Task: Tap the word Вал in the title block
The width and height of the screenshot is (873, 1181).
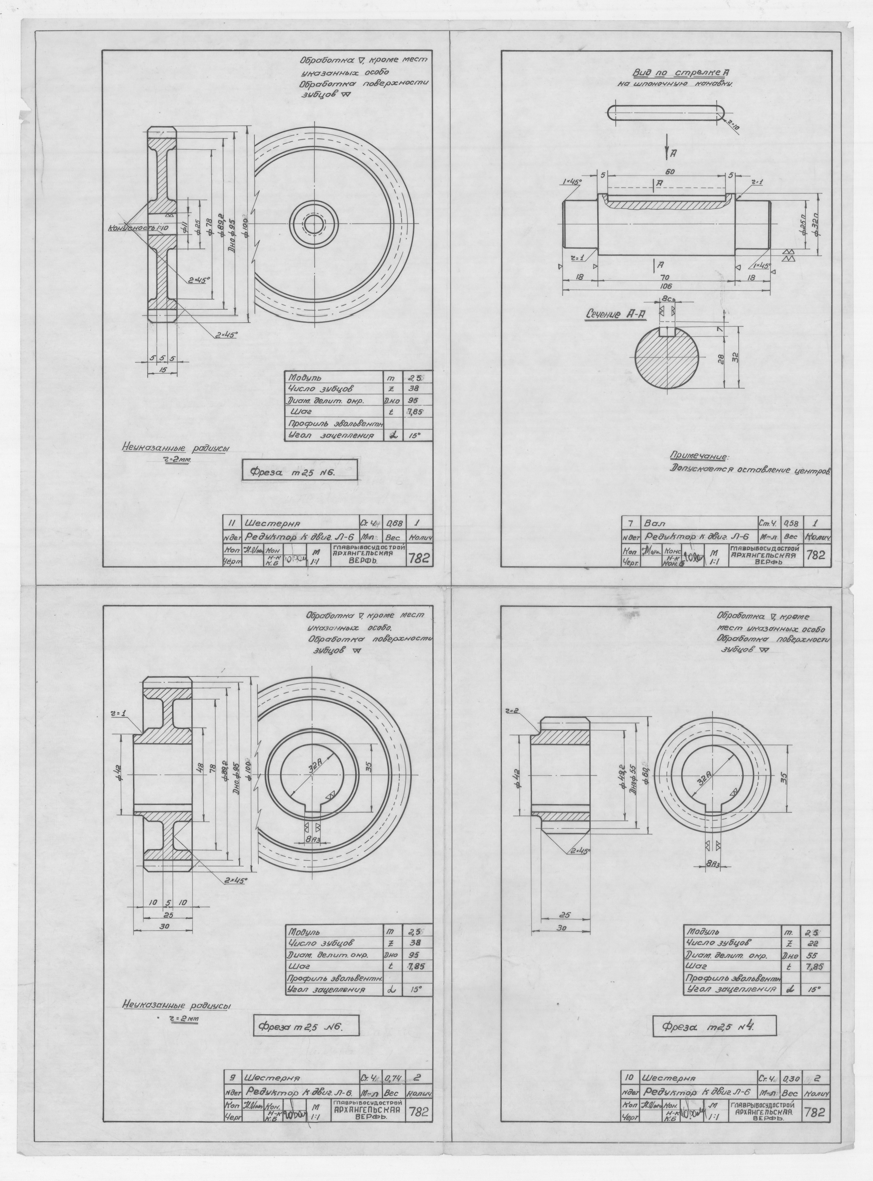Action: click(x=652, y=523)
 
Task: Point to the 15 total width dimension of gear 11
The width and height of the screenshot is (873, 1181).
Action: click(x=162, y=370)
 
